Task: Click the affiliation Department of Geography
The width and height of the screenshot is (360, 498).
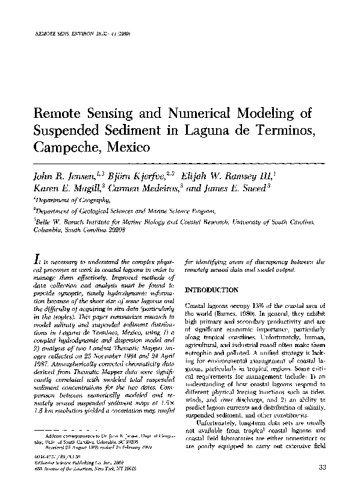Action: [x=72, y=201]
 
